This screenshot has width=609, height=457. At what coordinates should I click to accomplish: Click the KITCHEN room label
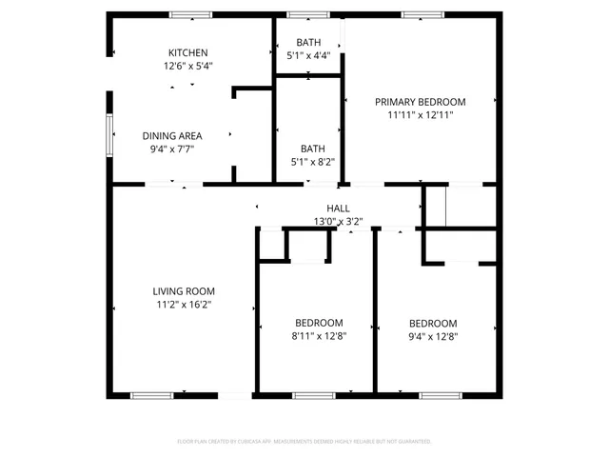point(187,52)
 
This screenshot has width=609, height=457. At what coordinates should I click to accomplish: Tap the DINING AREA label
point(172,135)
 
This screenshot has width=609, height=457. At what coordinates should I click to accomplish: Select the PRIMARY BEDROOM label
point(420,102)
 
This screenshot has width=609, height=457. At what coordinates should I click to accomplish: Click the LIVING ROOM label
point(184,291)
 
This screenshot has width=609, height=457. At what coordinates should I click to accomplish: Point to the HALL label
point(338,209)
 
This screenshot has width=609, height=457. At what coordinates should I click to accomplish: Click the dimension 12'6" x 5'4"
point(187,67)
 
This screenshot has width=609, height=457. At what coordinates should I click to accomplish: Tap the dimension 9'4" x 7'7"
point(172,149)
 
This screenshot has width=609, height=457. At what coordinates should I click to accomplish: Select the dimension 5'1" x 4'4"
point(308,55)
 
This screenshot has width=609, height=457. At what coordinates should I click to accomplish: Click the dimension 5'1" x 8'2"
point(312,162)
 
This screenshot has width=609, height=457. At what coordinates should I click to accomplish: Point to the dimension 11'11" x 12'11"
point(420,115)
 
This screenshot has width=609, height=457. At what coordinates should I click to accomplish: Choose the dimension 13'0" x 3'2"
point(338,221)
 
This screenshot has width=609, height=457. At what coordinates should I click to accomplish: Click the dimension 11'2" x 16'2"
point(184,306)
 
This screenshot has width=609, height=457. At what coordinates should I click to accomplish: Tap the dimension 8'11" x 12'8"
point(318,335)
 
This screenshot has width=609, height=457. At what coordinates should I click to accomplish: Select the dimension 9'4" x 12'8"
point(433,335)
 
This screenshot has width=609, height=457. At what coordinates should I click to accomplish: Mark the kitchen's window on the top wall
point(190,14)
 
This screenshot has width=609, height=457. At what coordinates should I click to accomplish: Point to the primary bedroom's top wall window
point(416,14)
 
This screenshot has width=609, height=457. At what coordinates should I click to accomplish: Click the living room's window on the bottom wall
point(152,395)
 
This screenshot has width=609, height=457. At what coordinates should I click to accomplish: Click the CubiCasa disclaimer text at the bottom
point(304,441)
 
